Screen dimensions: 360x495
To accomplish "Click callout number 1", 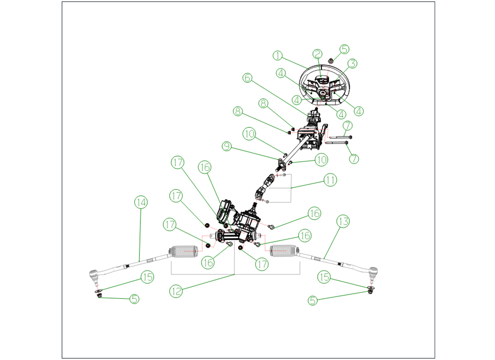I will click(278, 56).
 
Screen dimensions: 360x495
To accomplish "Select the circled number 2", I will click(318, 54).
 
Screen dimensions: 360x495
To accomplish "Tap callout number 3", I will click(352, 63).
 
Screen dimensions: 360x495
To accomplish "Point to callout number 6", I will click(247, 77).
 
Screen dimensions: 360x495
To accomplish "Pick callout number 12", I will click(176, 291).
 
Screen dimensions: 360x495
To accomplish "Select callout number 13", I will click(343, 221).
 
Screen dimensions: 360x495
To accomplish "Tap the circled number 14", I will click(140, 202).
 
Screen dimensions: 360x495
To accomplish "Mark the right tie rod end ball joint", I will click(373, 271).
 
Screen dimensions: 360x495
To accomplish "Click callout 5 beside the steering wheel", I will click(344, 49).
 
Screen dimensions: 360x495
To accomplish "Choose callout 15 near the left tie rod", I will click(148, 277).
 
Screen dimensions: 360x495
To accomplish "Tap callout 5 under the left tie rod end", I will click(134, 298).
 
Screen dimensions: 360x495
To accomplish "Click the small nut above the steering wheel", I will click(331, 60).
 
